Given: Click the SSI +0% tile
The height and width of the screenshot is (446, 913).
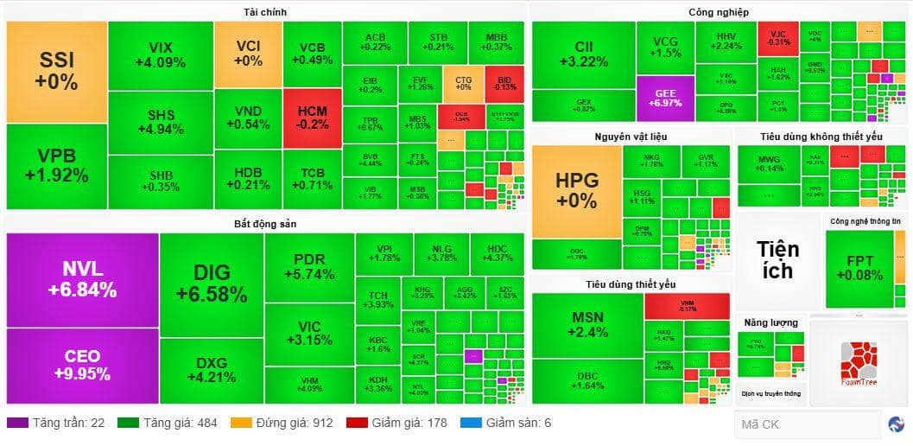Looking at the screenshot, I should coord(57,72).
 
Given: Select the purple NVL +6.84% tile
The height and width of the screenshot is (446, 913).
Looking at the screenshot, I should coord(82,279).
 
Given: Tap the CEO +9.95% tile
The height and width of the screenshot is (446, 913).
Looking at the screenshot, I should coord(82,364).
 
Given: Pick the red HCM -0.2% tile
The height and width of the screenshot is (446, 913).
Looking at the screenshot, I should coord(312,118).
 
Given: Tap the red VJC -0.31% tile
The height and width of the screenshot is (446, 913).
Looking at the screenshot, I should coord(778,37).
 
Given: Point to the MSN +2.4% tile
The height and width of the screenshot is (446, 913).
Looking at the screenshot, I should coord(587,324).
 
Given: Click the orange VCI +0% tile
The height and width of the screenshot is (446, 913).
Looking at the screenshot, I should coord(248,54).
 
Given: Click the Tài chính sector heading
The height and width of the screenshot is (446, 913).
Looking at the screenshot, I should coord(265,12).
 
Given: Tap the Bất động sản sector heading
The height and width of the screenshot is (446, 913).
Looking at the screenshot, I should coord(264,224).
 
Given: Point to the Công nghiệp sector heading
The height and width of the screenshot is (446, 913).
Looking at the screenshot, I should coord(718,12).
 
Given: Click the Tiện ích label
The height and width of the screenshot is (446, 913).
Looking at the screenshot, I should coord(777,258).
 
